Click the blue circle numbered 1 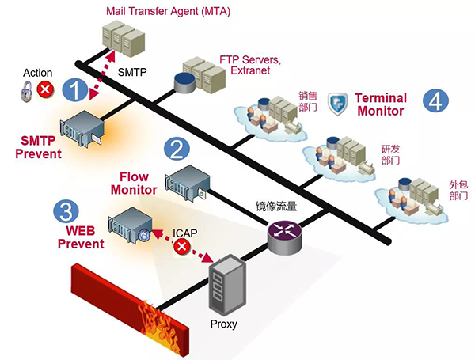click(74, 89)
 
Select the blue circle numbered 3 click(66, 210)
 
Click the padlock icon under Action click(26, 93)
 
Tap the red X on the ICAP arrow click(182, 248)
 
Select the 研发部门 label click(390, 153)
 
